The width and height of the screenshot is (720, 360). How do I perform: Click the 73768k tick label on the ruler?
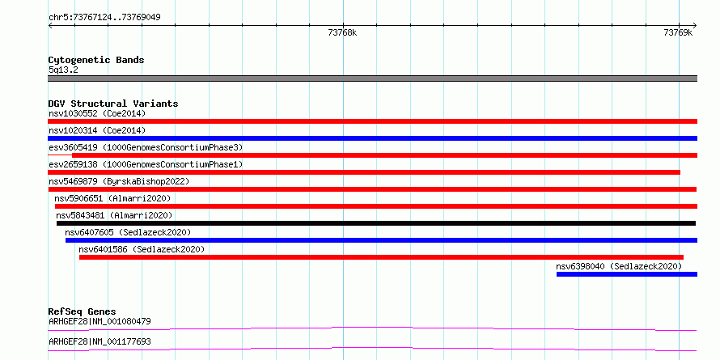click(x=342, y=32)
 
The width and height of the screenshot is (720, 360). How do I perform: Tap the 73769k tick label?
click(x=678, y=32)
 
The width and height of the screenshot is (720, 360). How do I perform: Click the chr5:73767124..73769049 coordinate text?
click(x=104, y=18)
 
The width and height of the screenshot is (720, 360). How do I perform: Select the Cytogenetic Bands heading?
click(x=96, y=60)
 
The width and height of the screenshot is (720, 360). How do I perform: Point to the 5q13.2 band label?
click(x=62, y=70)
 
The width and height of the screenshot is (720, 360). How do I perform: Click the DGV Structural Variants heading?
click(x=113, y=104)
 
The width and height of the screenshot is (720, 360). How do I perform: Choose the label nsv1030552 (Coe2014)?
click(x=97, y=113)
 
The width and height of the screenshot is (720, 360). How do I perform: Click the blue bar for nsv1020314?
click(x=372, y=138)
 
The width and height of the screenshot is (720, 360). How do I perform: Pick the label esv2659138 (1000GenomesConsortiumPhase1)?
click(x=145, y=164)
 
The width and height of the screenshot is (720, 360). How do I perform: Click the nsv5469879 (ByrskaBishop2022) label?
click(x=119, y=181)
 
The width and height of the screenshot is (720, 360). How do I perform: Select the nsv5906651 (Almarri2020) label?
click(x=112, y=198)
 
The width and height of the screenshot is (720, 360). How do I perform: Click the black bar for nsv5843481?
click(x=376, y=223)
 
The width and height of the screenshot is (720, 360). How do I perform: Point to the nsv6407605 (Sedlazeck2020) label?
click(x=128, y=232)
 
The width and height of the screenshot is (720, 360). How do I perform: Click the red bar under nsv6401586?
click(x=381, y=257)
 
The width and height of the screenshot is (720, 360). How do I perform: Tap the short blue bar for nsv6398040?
click(x=627, y=274)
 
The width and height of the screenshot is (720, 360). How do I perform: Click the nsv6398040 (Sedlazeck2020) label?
click(x=619, y=266)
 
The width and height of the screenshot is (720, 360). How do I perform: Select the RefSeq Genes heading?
click(x=83, y=311)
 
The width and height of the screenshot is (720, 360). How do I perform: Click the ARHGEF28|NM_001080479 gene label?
click(x=100, y=321)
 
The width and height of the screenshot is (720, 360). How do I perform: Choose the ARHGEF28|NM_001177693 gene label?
click(x=100, y=341)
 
